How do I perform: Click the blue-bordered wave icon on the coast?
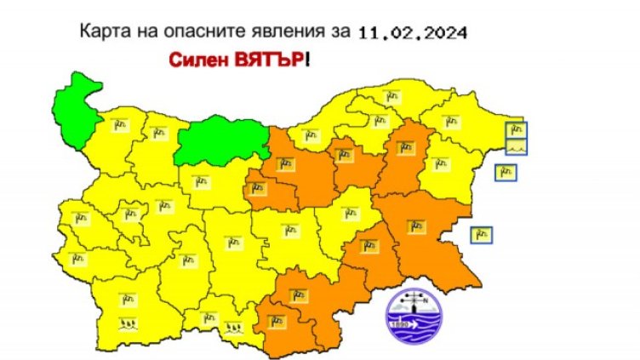coord(517,146)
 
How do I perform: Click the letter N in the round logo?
coord(426,300)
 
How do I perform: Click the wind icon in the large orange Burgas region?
coord(416,226)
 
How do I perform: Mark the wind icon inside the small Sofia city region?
coord(130,214)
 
